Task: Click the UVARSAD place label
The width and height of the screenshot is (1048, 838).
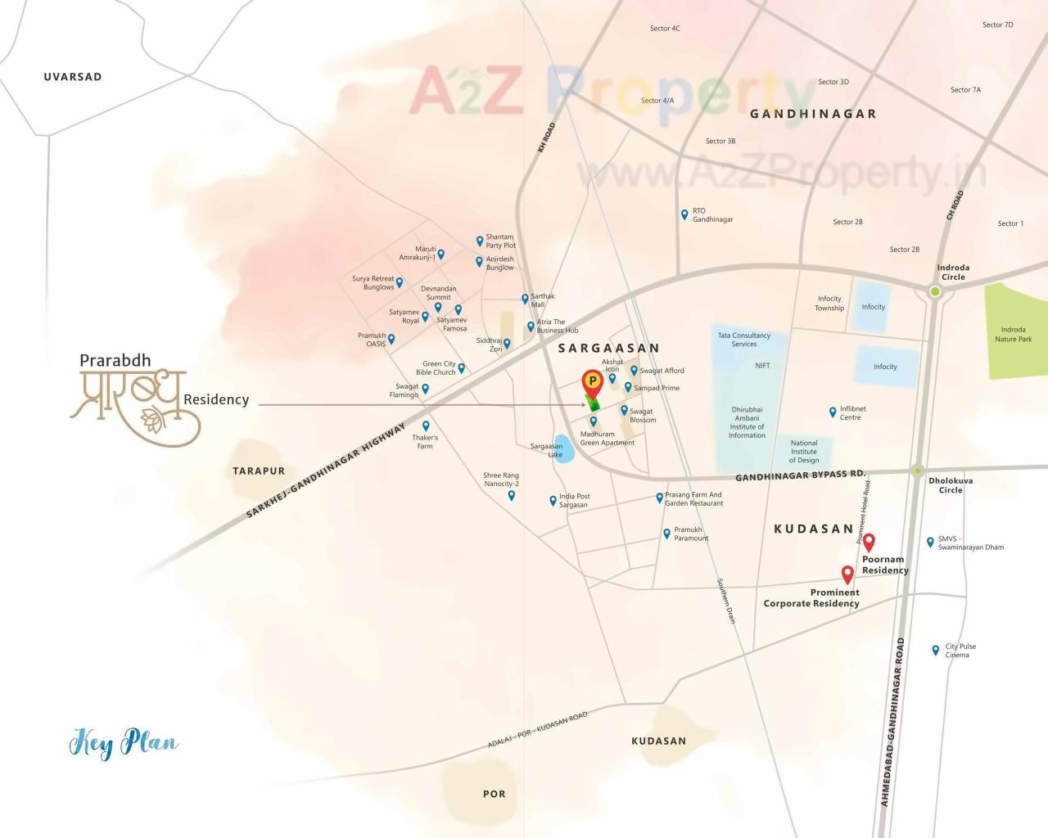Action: click(73, 77)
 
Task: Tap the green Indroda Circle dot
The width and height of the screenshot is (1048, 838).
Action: click(935, 291)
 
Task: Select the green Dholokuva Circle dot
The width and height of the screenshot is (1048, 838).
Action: click(918, 470)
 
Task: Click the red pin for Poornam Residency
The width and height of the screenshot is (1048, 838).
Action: click(869, 542)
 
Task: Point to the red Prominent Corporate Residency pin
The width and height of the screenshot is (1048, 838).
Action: click(847, 574)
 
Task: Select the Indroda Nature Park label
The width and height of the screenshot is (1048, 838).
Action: click(1013, 334)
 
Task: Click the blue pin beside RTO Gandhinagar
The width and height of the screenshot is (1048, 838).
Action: click(684, 214)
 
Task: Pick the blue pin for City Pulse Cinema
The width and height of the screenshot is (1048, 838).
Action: click(935, 650)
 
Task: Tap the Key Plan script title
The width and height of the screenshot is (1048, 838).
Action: click(124, 744)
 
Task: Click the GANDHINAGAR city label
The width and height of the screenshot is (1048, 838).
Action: click(813, 114)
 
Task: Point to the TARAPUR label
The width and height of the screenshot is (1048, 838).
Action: click(259, 471)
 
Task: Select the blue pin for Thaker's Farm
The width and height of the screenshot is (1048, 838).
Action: click(426, 426)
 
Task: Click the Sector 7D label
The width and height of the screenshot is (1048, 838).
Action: click(997, 25)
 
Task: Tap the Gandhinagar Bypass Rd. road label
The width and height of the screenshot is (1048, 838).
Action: click(799, 475)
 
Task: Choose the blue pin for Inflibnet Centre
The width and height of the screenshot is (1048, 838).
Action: click(833, 412)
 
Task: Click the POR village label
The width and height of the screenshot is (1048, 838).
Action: click(494, 794)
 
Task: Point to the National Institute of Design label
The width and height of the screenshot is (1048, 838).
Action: click(803, 451)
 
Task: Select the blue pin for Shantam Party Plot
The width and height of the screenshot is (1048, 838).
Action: click(480, 241)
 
